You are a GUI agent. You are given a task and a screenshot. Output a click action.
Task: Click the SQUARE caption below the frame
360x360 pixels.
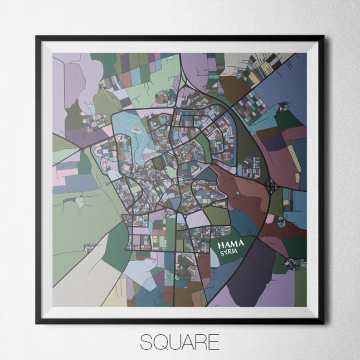point(180,342)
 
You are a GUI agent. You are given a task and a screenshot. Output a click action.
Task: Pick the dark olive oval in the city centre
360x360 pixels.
point(157,162)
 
